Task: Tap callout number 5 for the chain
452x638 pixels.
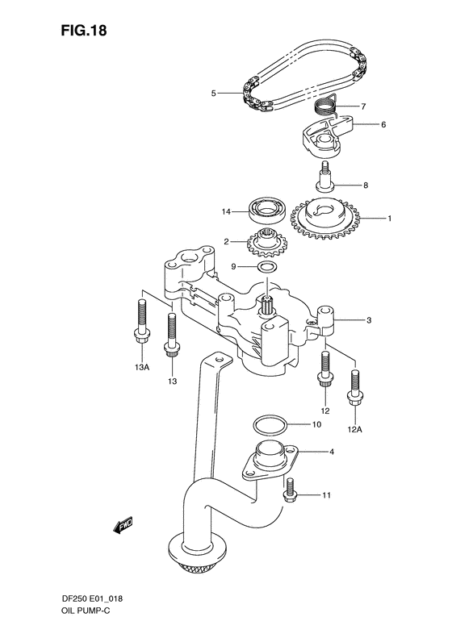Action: [214, 94]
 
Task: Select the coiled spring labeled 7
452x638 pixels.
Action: [324, 106]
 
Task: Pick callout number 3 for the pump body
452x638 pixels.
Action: [369, 320]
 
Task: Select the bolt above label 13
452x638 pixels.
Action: [171, 333]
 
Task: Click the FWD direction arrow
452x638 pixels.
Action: [123, 527]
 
